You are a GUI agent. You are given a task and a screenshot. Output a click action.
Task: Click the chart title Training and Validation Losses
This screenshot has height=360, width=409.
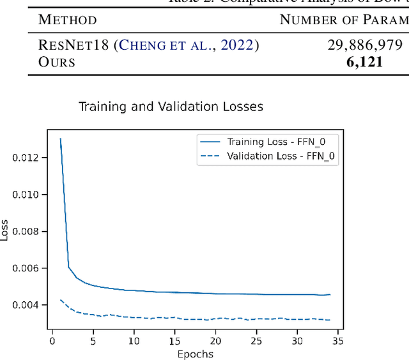(x=171, y=107)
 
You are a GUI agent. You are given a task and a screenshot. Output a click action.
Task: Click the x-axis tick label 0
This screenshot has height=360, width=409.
(x=52, y=341)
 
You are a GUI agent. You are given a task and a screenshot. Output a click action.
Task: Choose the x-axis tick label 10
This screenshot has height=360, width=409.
(x=134, y=341)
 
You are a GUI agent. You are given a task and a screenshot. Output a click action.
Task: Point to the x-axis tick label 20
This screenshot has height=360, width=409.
(x=216, y=341)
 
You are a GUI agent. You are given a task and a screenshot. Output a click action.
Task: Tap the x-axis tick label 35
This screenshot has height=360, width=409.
(x=339, y=341)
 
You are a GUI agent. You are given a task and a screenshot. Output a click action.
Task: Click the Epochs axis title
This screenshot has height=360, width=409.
(x=195, y=354)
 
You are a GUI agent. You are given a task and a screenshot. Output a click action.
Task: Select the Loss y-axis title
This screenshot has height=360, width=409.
(x=6, y=230)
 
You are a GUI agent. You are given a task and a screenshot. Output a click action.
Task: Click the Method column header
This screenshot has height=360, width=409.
(x=68, y=20)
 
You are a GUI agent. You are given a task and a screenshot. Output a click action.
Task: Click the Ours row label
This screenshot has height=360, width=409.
(x=57, y=62)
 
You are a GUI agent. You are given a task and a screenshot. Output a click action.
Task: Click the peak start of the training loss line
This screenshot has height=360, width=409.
(x=61, y=139)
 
